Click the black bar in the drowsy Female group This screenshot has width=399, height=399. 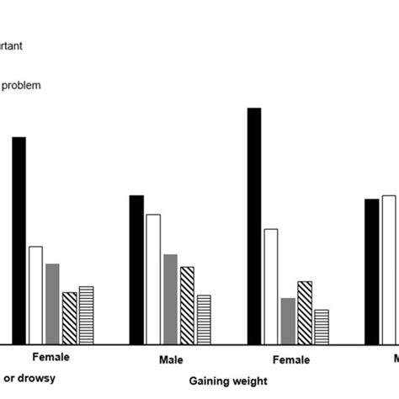[x=19, y=240]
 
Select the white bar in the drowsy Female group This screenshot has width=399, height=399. [x=35, y=295]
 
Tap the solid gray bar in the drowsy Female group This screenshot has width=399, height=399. [x=52, y=303]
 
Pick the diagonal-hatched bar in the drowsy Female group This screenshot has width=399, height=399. [x=69, y=317]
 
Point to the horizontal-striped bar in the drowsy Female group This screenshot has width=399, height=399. [x=86, y=315]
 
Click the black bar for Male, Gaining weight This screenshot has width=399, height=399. [x=136, y=269]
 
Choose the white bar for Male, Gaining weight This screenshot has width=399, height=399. [x=153, y=279]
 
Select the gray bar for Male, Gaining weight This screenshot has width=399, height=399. [x=170, y=299]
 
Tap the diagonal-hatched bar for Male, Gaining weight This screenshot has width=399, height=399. [x=187, y=305]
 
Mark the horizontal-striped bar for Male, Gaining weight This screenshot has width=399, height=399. [x=204, y=319]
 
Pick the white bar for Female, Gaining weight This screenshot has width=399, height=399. [x=271, y=286]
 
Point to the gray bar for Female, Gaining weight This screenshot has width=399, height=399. [x=288, y=321]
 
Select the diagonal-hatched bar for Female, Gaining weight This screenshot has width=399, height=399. [x=305, y=312]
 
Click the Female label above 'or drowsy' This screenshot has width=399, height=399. [x=51, y=357]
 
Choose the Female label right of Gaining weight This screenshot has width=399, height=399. [x=290, y=359]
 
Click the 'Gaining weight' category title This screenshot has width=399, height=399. [x=228, y=380]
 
